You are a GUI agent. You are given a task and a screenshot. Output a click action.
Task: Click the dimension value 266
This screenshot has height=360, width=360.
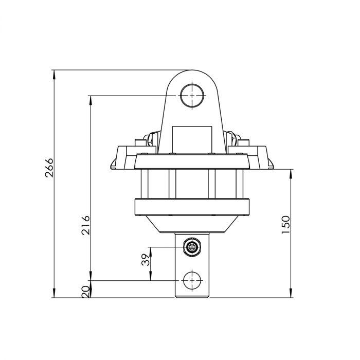49,168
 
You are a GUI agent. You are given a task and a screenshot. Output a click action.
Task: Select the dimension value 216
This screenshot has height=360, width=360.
86,225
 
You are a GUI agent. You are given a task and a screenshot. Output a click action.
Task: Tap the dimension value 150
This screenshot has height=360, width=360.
286,225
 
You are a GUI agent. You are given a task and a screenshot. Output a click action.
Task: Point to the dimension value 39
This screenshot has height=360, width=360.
145,260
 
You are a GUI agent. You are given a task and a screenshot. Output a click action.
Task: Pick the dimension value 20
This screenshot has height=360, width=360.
85,292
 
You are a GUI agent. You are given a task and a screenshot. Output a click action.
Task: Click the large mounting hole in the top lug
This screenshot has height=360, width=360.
192,96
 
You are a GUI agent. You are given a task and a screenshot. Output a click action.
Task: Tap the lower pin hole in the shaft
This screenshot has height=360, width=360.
192,280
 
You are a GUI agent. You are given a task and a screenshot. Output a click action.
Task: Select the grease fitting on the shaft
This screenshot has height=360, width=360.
192,247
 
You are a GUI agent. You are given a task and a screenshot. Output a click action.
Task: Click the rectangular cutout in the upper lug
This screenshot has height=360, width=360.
192,139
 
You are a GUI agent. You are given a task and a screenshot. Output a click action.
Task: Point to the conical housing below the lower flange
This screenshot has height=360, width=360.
192,224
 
